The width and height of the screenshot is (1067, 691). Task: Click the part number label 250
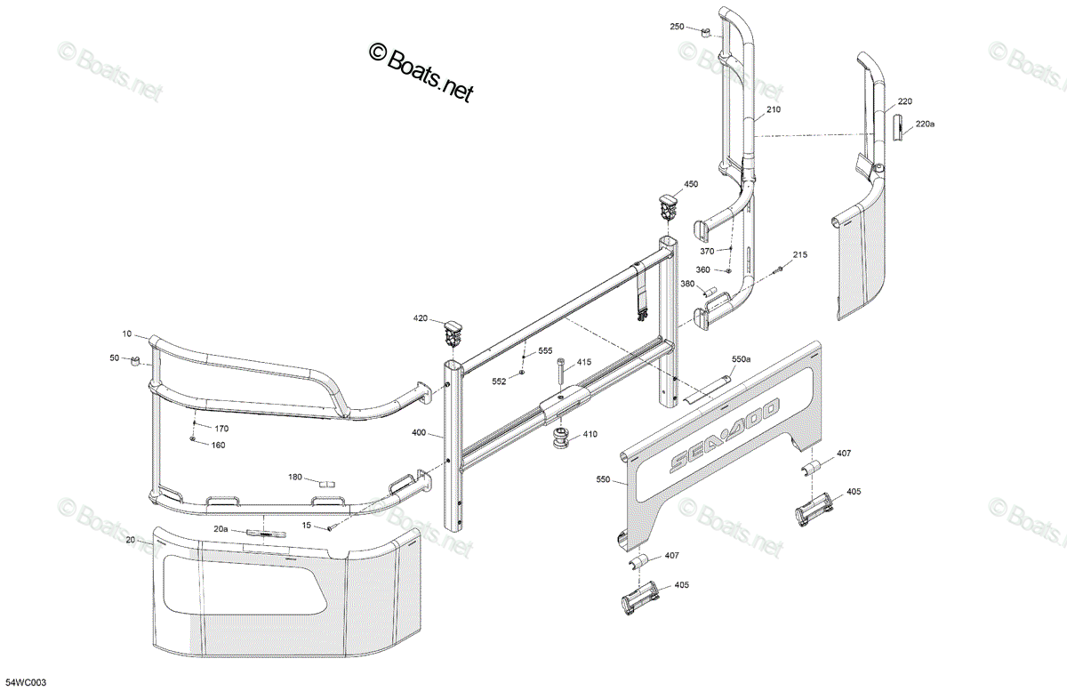(x=677, y=27)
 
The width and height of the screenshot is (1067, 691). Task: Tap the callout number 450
(x=691, y=184)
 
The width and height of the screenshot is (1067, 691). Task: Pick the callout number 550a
(x=742, y=359)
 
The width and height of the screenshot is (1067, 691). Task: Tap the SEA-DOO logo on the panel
(x=725, y=435)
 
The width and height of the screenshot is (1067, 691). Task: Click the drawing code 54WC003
(x=26, y=683)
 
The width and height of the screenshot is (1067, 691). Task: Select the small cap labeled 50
(x=135, y=361)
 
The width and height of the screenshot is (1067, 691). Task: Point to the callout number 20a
(x=221, y=528)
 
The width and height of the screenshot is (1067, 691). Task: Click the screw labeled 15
(x=331, y=527)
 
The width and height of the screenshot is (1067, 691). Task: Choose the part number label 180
(x=295, y=477)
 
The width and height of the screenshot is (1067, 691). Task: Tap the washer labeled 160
(x=193, y=438)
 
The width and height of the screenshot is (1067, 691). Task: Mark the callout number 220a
(x=925, y=124)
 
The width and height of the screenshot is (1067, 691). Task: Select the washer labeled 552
(x=522, y=373)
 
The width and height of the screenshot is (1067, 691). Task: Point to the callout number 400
(x=419, y=433)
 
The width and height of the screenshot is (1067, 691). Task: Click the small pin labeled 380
(x=711, y=290)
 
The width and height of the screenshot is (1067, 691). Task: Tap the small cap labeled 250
(x=705, y=32)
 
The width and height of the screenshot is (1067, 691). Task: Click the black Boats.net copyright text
(x=421, y=71)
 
